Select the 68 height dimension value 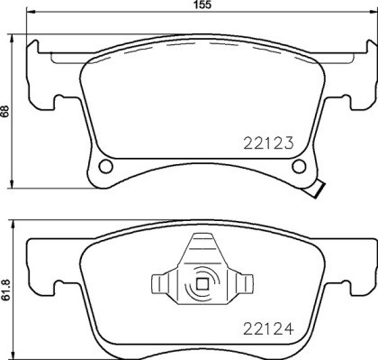pyautogui.click(x=5, y=112)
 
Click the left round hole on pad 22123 pyautogui.click(x=105, y=167)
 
